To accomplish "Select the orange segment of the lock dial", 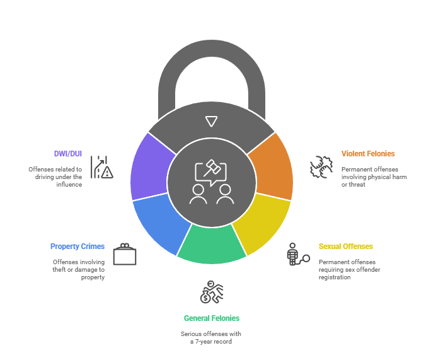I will (x=272, y=166).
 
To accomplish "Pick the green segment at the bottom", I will (x=212, y=246).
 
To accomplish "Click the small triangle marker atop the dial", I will (x=212, y=122).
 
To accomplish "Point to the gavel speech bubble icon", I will (x=210, y=171).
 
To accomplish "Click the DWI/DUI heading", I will (x=68, y=153).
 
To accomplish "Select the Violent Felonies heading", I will (x=368, y=153).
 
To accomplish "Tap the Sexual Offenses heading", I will (x=346, y=247).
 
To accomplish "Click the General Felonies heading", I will (x=212, y=318).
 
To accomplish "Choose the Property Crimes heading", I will (x=78, y=247).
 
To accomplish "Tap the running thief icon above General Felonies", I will (x=212, y=292).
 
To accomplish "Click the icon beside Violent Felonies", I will (x=321, y=167).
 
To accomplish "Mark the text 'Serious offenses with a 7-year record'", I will (x=211, y=337).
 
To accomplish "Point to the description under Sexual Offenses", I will (x=350, y=269).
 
